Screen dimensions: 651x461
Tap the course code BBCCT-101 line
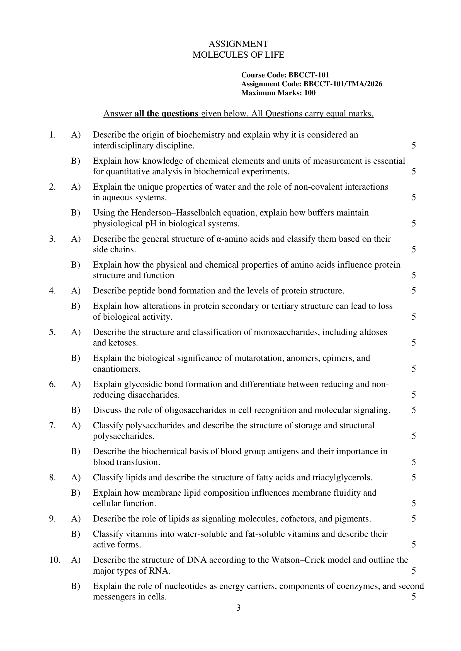(285, 75)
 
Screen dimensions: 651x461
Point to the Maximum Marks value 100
(310, 93)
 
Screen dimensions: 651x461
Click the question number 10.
(55, 560)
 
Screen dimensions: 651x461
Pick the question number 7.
(52, 425)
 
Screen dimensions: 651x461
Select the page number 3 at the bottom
(239, 608)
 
